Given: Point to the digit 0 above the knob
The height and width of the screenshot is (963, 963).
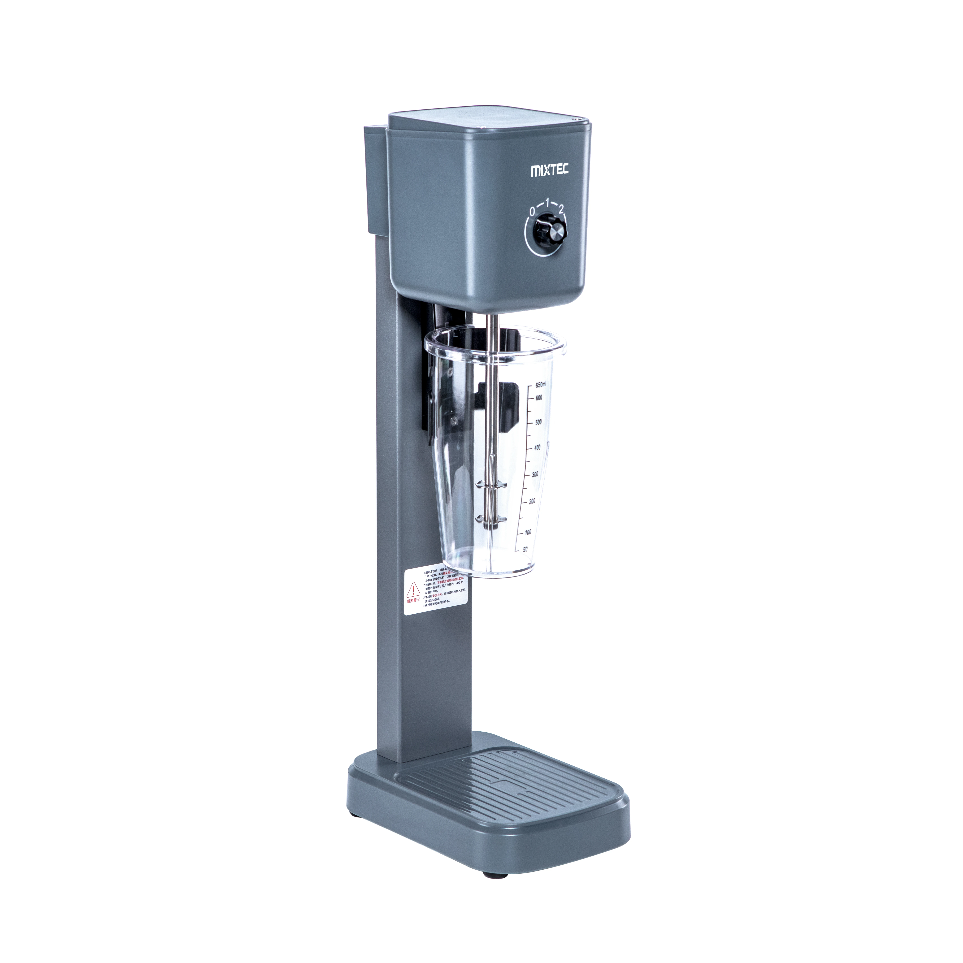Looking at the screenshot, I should [x=532, y=211].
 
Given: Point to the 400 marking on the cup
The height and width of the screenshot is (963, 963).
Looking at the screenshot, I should [x=537, y=448].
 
